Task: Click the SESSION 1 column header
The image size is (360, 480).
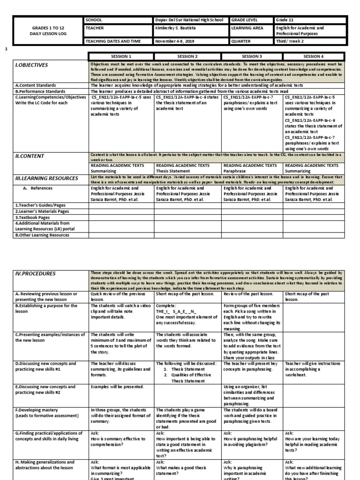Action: (121, 56)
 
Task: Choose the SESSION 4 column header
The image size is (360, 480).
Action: (314, 56)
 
